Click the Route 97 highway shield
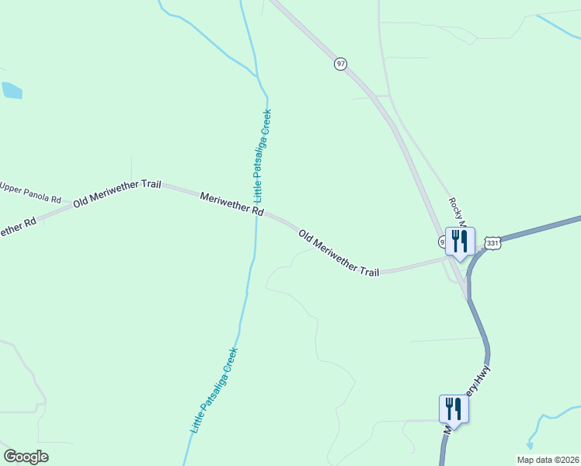click(x=340, y=64)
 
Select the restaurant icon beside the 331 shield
click(x=458, y=241)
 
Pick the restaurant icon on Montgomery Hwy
click(x=453, y=409)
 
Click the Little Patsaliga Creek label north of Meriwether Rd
click(x=263, y=155)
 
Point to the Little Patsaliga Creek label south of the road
click(x=214, y=390)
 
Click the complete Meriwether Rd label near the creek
click(x=231, y=204)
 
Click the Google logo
click(x=26, y=457)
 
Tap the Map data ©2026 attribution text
click(x=547, y=459)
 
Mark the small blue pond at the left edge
click(x=12, y=90)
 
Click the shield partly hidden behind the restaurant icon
click(x=442, y=242)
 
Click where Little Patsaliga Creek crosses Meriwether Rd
click(x=256, y=214)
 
